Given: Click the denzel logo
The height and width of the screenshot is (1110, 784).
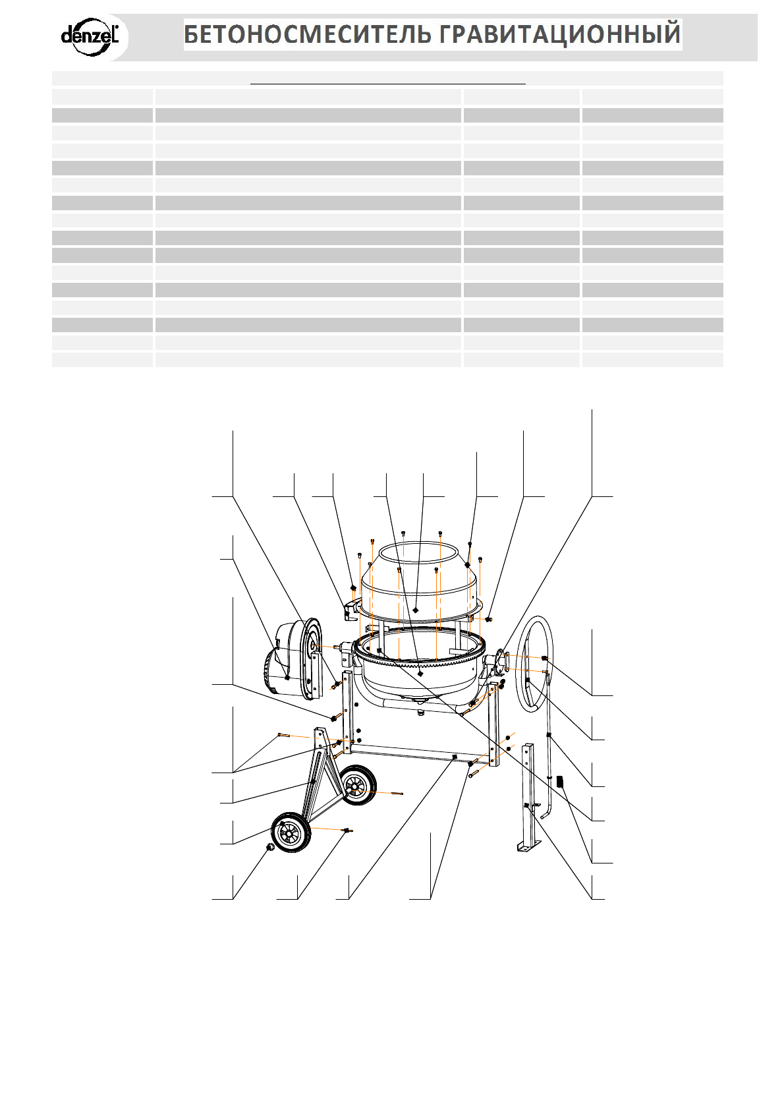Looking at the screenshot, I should (x=90, y=36).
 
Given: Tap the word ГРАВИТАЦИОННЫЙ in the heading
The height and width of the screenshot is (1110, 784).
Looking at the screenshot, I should (x=559, y=34).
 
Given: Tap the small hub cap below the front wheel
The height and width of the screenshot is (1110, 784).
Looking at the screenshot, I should (x=269, y=846).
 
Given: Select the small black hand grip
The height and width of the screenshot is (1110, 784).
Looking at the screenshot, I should (x=561, y=782).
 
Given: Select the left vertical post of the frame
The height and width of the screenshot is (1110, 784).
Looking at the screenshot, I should (x=347, y=712).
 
